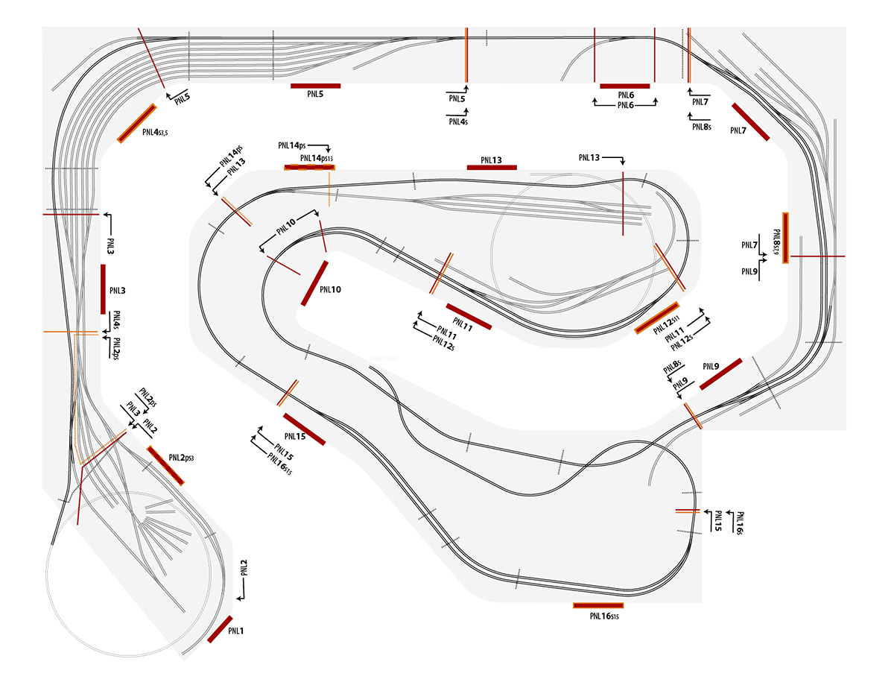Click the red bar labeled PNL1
tap(220, 630)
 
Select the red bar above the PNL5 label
tap(316, 86)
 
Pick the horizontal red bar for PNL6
tap(625, 86)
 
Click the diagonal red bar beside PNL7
tap(750, 121)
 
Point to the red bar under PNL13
tap(492, 167)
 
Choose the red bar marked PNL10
tap(315, 283)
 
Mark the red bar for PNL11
tap(469, 316)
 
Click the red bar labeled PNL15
tap(304, 429)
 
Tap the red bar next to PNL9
tap(720, 374)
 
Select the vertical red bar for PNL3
tap(104, 289)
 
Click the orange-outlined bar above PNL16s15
tap(597, 605)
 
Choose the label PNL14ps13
tap(316, 158)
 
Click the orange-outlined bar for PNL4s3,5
tap(137, 123)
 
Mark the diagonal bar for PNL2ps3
tap(165, 466)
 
